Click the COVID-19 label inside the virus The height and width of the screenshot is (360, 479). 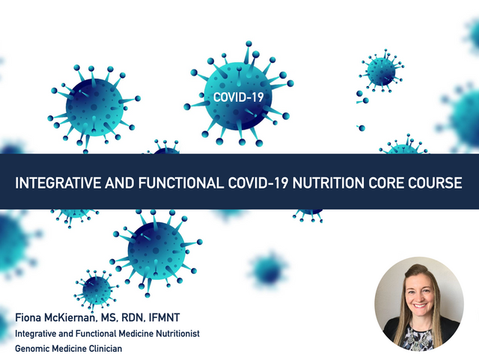238,97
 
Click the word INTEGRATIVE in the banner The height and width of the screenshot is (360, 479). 58,183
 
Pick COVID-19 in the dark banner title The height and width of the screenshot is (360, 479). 258,183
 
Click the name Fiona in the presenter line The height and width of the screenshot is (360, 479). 28,317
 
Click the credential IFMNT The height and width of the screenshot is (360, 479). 164,317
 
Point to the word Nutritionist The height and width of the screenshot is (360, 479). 178,333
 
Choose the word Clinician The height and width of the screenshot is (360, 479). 106,348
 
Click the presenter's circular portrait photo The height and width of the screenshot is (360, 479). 419,304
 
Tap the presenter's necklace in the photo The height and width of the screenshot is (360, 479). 419,335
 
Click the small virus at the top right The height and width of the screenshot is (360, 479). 381,71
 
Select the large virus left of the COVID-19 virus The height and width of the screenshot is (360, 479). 94,108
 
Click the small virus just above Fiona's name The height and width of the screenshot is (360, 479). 96,290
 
